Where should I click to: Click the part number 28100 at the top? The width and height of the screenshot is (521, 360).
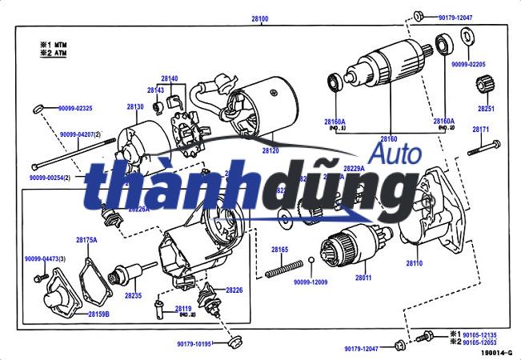(x=259, y=18)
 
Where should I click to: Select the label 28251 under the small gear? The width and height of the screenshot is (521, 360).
(x=486, y=107)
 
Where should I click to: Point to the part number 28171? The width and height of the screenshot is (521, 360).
(x=481, y=129)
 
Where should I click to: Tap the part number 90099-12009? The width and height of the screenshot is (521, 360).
(x=311, y=282)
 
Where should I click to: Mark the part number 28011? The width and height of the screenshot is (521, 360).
(x=363, y=277)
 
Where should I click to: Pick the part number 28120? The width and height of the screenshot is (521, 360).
(x=271, y=150)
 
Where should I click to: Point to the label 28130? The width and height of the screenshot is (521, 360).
(x=134, y=106)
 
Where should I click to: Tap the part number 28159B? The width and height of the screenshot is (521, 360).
(x=98, y=314)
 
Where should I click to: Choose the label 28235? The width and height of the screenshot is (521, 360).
(x=133, y=295)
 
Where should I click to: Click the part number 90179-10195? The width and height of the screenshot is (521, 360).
(x=194, y=344)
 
